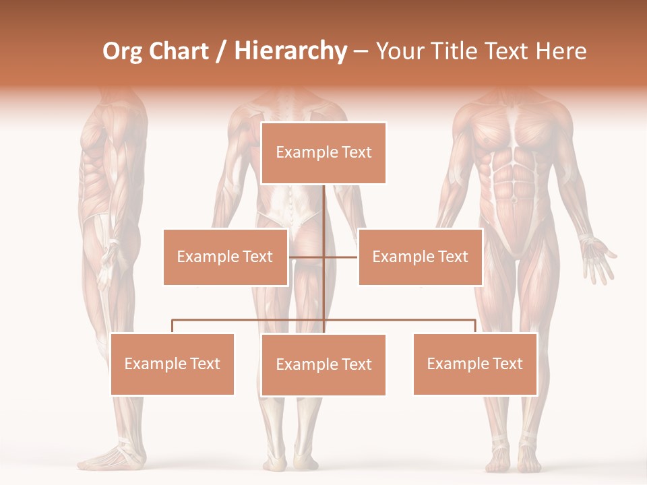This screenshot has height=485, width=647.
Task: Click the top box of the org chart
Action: (x=323, y=153)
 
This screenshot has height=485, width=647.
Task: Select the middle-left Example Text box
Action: (x=225, y=257)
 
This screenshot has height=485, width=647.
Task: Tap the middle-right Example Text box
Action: (x=420, y=257)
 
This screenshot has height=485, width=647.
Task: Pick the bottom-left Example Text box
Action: (x=172, y=364)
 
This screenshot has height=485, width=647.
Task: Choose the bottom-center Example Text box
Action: (x=323, y=364)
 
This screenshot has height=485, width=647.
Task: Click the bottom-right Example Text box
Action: (x=474, y=364)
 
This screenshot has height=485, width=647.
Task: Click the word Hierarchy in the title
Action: (x=290, y=51)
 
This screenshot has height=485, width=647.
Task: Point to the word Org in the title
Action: (x=122, y=51)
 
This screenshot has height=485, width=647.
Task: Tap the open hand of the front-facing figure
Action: (x=598, y=259)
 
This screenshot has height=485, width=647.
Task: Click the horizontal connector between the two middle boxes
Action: (x=323, y=257)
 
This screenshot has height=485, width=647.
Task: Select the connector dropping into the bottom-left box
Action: (x=172, y=326)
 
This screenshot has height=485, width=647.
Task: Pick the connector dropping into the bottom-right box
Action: (x=474, y=326)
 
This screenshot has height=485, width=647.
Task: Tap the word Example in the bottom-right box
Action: (x=452, y=364)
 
